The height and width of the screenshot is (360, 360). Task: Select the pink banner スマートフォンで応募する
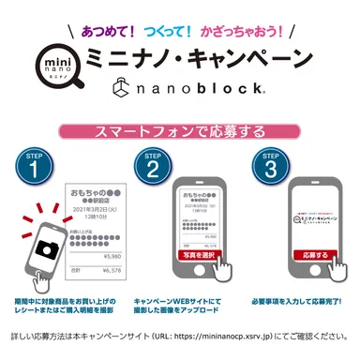tap(179, 127)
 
